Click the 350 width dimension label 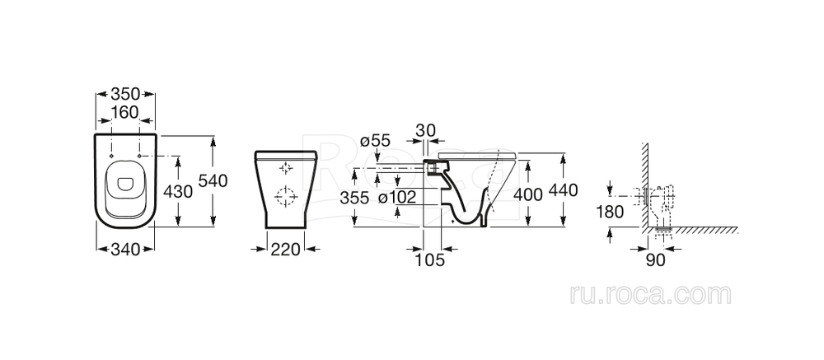pyautogui.click(x=125, y=94)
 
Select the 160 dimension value pyautogui.click(x=125, y=112)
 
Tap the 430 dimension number pyautogui.click(x=178, y=192)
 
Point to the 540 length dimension pyautogui.click(x=213, y=180)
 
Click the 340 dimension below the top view pyautogui.click(x=125, y=249)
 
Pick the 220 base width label pyautogui.click(x=285, y=249)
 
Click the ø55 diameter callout pyautogui.click(x=375, y=142)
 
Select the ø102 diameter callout pyautogui.click(x=397, y=198)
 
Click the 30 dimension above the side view pyautogui.click(x=426, y=130)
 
